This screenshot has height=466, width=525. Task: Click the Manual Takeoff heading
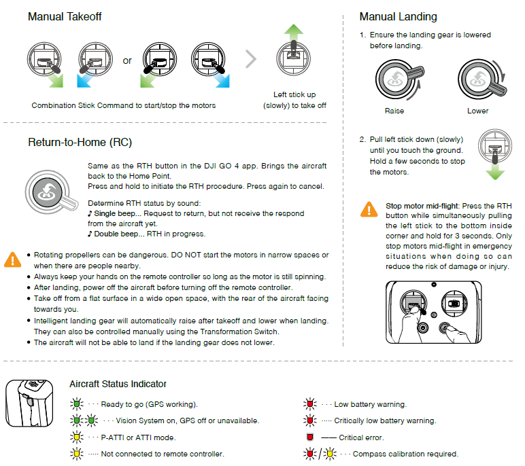tap(65, 16)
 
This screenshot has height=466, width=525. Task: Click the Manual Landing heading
tap(398, 16)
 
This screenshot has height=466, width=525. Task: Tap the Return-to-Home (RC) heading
tap(80, 143)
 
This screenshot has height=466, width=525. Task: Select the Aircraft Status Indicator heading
tap(118, 384)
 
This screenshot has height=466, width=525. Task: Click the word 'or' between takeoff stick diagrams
tap(127, 61)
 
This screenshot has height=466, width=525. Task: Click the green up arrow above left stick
tap(294, 33)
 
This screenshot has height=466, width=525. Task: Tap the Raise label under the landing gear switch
tap(394, 111)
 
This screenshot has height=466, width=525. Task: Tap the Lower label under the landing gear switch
tap(477, 111)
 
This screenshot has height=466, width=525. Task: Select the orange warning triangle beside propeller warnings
tap(12, 259)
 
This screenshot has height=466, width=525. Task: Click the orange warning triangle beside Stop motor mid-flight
tap(369, 209)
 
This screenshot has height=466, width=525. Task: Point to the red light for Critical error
tap(309, 437)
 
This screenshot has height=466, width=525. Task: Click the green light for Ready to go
tap(76, 404)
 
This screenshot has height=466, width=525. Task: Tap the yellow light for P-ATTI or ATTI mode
tap(76, 437)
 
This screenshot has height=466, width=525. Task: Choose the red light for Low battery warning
tap(309, 404)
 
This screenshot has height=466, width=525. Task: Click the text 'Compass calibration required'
tap(405, 454)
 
